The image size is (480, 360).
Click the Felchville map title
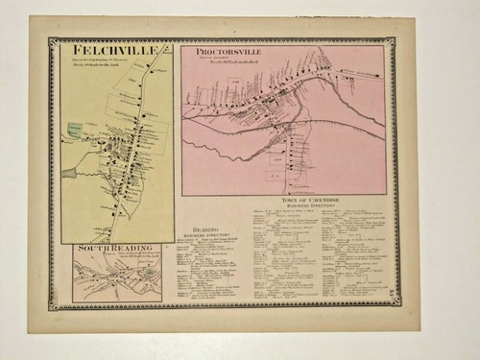tap(105, 47)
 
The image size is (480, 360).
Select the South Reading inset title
tap(113, 249)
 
